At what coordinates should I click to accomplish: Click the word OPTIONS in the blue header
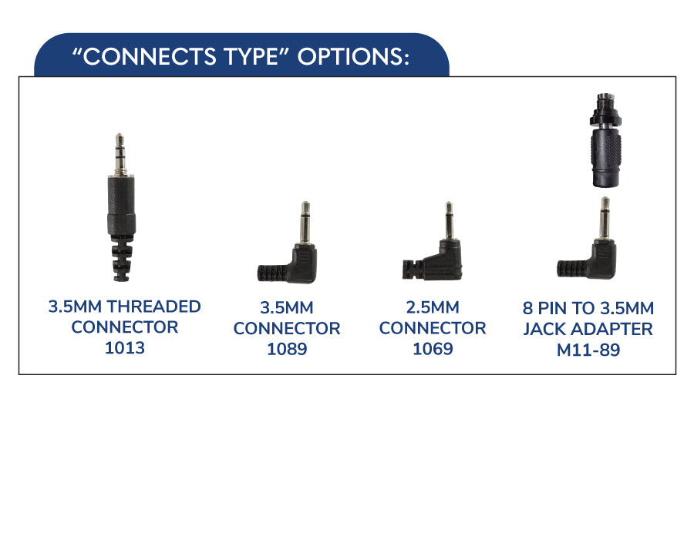[353, 56]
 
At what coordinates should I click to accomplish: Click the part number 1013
[125, 348]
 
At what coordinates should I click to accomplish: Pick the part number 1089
[287, 349]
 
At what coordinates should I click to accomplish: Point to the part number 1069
[433, 348]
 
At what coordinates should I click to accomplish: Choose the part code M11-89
[588, 350]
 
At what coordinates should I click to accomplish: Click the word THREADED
[154, 307]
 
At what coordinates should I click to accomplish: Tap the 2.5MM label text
[433, 307]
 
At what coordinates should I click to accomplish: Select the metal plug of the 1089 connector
[305, 223]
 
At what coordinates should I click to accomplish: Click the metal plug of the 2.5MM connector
[449, 221]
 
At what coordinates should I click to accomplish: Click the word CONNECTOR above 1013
[125, 327]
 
